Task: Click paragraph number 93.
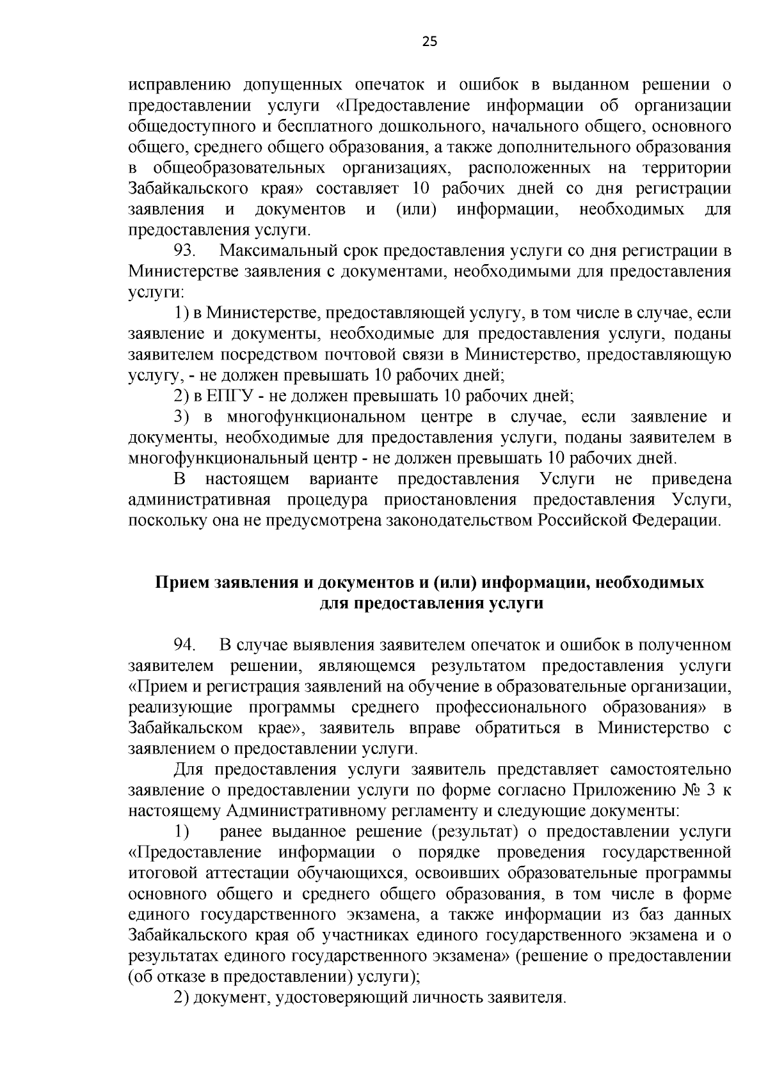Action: pos(186,251)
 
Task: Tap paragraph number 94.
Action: pos(186,645)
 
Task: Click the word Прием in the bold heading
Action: pos(177,583)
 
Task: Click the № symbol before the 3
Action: pos(693,791)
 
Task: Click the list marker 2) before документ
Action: pos(182,998)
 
